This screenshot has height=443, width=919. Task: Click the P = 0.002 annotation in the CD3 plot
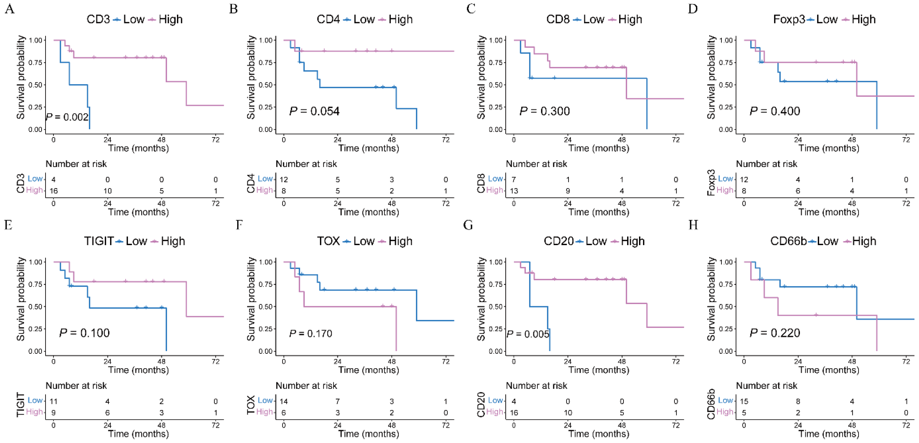click(x=67, y=117)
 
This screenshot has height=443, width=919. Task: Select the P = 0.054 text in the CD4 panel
click(x=314, y=111)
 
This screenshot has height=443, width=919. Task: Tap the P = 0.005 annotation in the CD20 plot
click(x=528, y=334)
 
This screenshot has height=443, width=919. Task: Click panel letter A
click(x=10, y=9)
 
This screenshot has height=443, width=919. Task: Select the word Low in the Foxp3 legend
click(x=827, y=19)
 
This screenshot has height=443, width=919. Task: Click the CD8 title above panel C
click(x=558, y=19)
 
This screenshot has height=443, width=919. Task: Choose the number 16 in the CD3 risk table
click(x=54, y=191)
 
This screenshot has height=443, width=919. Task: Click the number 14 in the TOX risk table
click(x=284, y=401)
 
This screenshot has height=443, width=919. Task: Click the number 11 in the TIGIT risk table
click(x=54, y=401)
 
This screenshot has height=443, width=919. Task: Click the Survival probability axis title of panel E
click(x=20, y=299)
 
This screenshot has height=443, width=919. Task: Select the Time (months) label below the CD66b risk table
click(x=829, y=434)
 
